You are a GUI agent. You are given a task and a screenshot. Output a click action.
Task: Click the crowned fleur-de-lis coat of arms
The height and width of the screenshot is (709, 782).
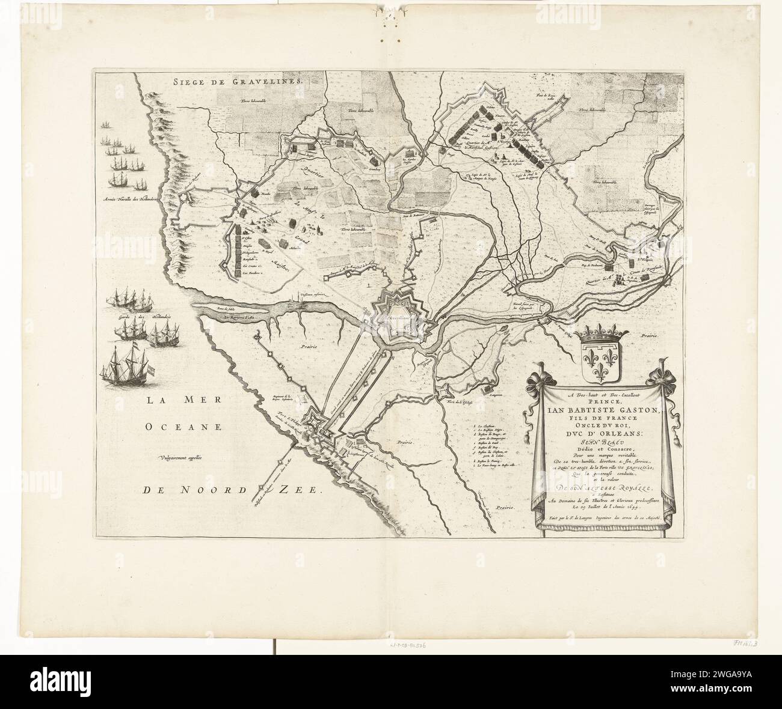point(602,358)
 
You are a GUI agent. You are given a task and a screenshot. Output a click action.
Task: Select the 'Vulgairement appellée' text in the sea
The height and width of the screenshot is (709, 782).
point(187,460)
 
